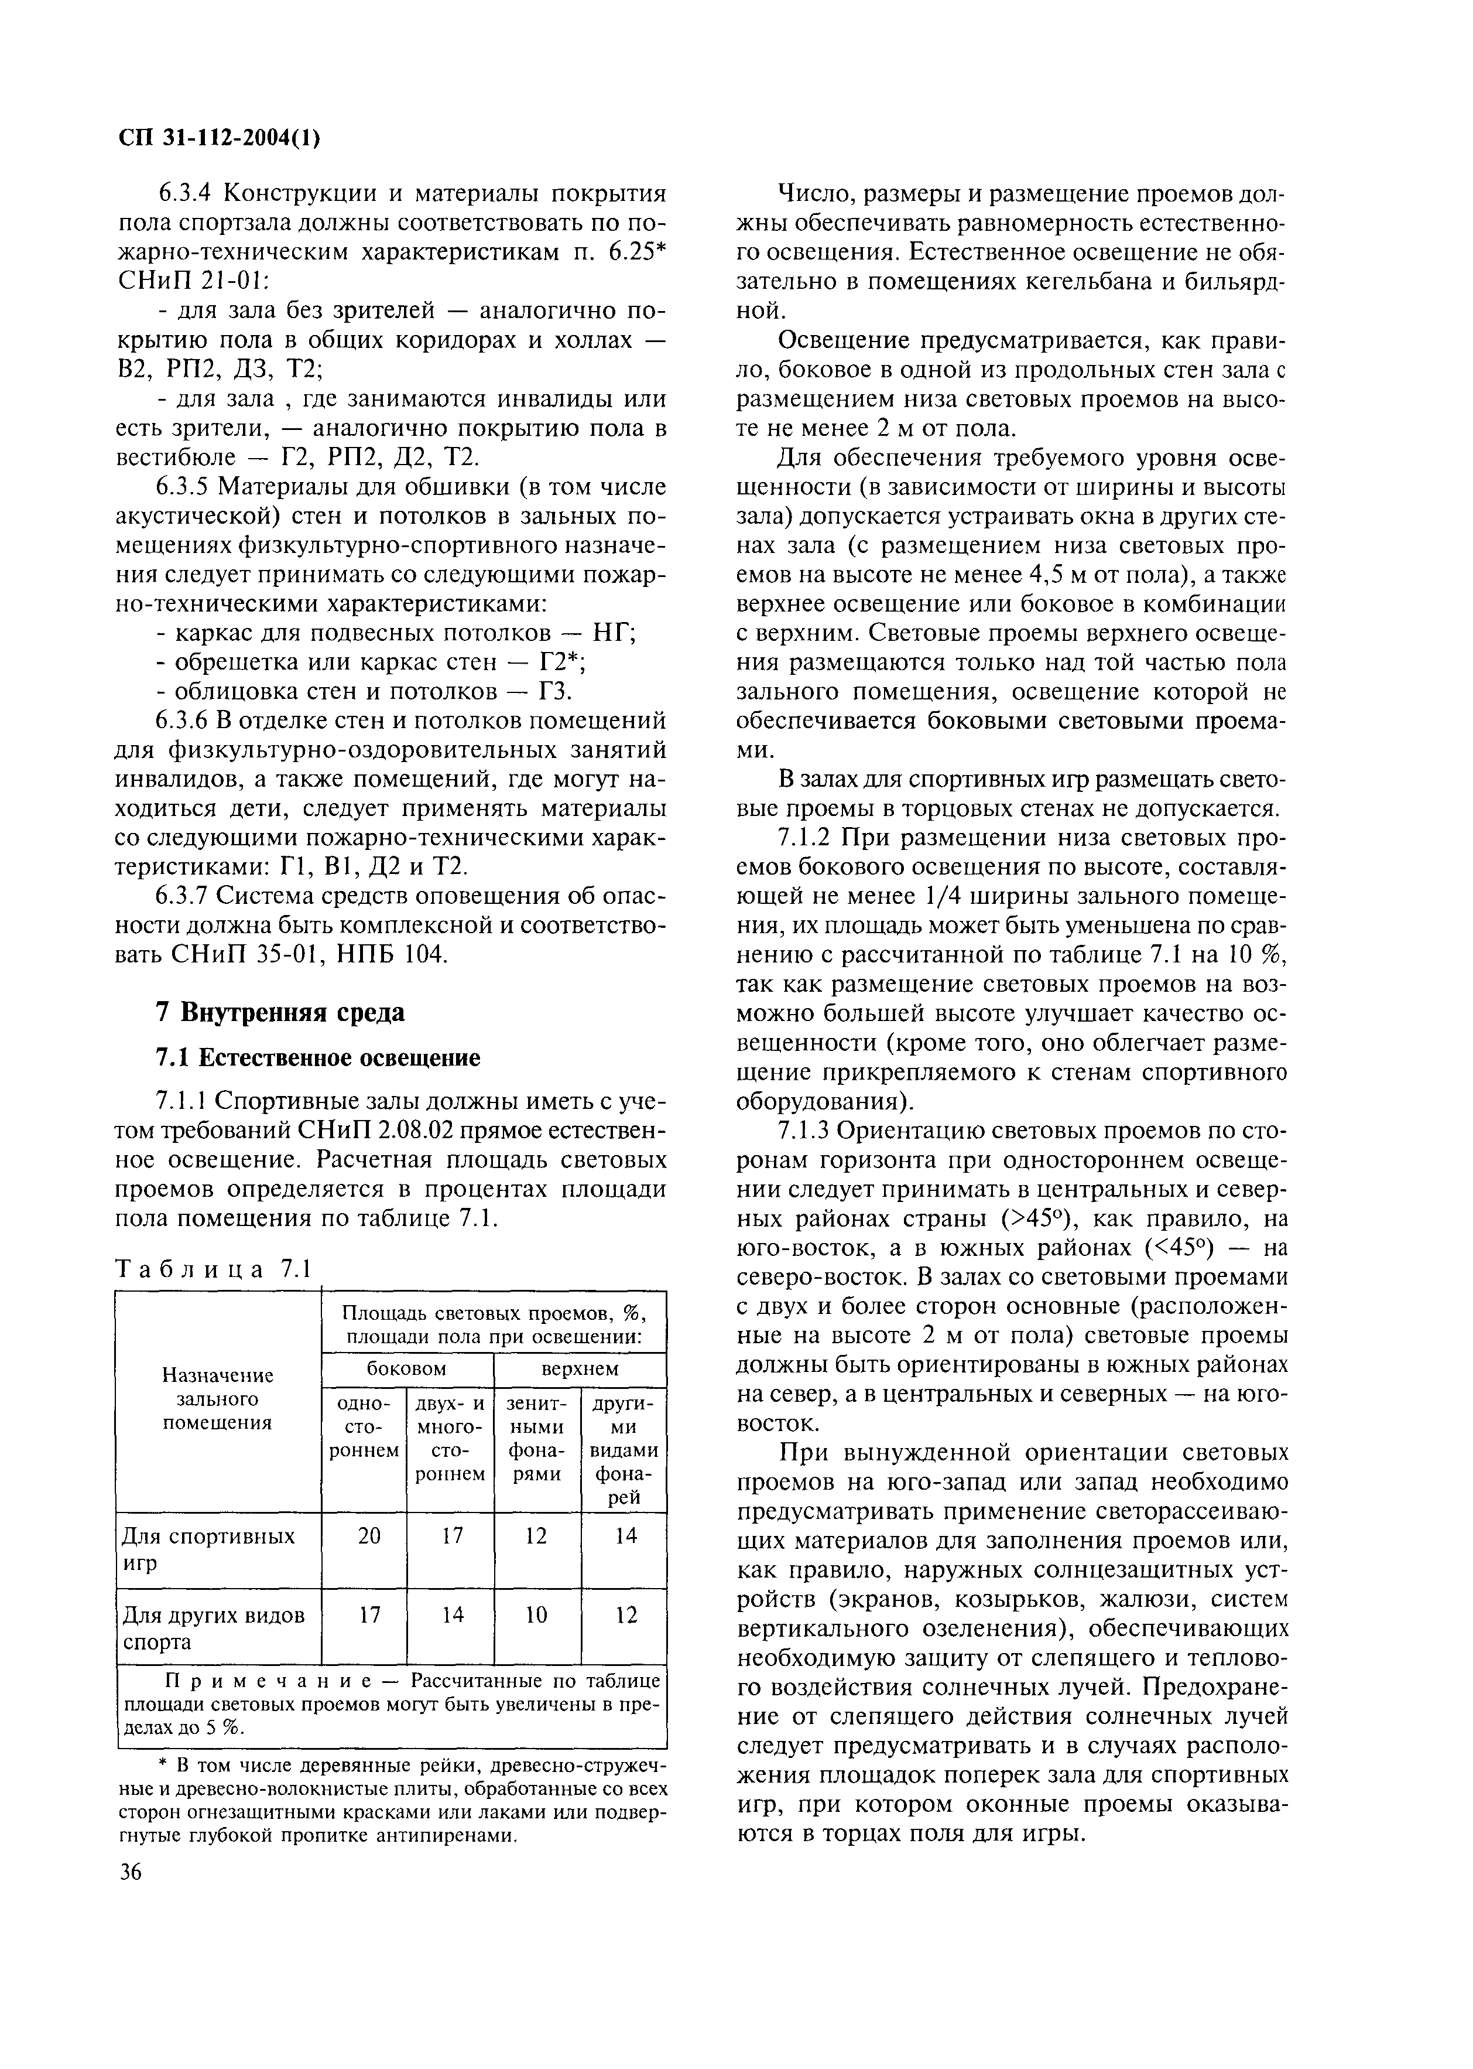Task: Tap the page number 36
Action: coord(132,1871)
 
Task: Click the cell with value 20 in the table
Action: coord(363,1535)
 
